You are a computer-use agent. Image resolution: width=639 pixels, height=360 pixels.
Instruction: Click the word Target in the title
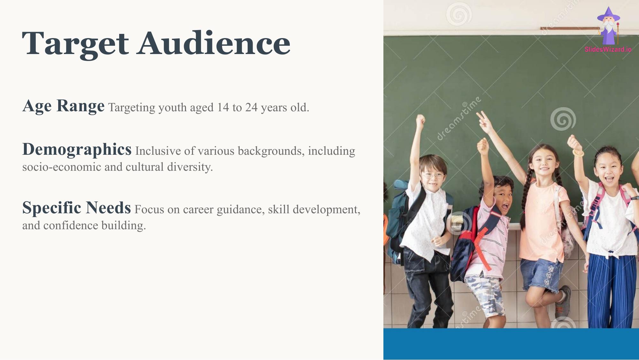[x=75, y=44]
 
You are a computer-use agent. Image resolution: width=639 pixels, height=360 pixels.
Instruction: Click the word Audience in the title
[x=214, y=43]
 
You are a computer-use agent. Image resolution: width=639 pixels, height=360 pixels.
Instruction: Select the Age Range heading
[x=63, y=106]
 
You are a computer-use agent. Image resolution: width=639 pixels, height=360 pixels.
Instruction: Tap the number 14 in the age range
[x=223, y=107]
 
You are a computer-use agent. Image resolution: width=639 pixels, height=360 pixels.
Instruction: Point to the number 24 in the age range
[x=251, y=107]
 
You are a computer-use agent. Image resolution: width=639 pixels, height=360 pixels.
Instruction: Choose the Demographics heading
[x=77, y=149]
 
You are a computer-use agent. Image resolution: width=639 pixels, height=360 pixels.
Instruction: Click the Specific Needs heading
[x=76, y=208]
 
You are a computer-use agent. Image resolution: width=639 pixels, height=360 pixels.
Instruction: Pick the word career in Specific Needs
[x=198, y=210]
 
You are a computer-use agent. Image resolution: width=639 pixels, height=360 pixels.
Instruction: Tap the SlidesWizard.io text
[x=608, y=49]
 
